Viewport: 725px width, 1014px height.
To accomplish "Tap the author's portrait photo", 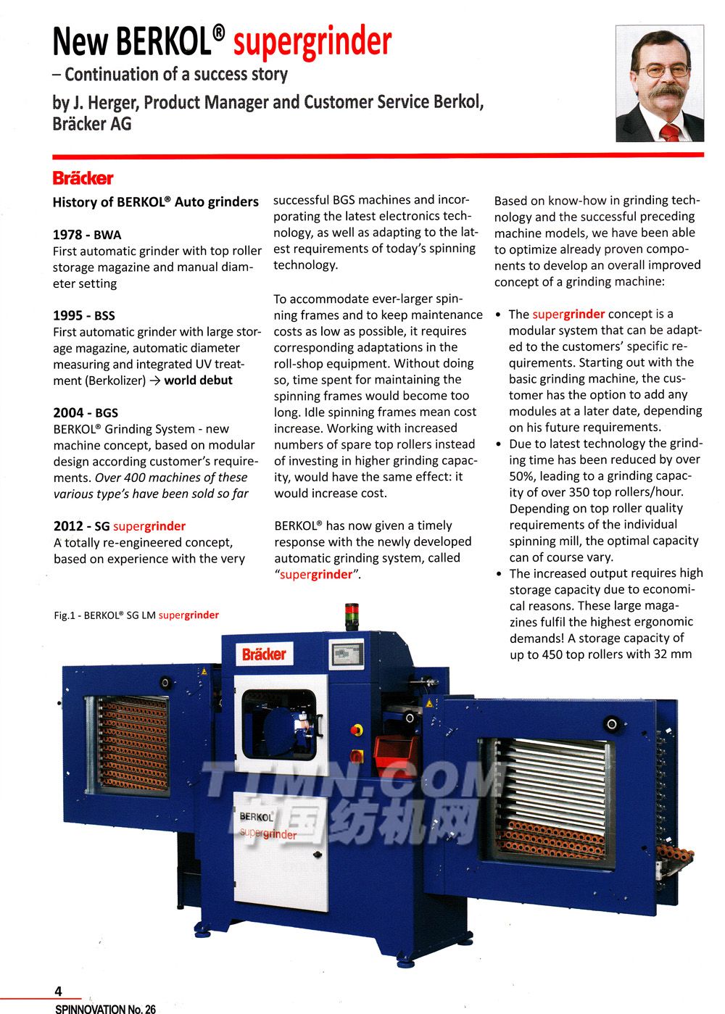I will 659,83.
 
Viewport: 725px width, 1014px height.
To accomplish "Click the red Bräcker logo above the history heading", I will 83,178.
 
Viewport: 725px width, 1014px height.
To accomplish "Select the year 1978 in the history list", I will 67,235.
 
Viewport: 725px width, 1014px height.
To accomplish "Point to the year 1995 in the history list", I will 67,315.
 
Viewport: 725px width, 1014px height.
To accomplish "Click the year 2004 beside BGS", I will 68,412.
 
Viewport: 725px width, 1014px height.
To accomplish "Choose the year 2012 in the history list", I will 68,526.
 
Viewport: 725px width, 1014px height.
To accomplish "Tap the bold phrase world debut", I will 198,381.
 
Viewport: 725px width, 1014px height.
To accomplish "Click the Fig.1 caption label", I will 136,615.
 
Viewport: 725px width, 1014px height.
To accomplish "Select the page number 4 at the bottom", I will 59,992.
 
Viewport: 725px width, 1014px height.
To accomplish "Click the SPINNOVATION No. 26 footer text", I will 105,1008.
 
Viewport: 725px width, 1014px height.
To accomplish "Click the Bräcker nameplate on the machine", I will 264,654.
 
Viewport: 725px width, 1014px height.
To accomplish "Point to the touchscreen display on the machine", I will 348,654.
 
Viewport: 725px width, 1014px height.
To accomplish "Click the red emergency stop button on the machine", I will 357,729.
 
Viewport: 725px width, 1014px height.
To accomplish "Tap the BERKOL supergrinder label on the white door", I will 267,826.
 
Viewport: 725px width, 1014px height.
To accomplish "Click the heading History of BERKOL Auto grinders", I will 155,202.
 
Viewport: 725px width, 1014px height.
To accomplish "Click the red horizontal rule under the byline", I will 377,154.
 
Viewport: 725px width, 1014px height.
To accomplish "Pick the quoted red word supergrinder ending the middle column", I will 317,575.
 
